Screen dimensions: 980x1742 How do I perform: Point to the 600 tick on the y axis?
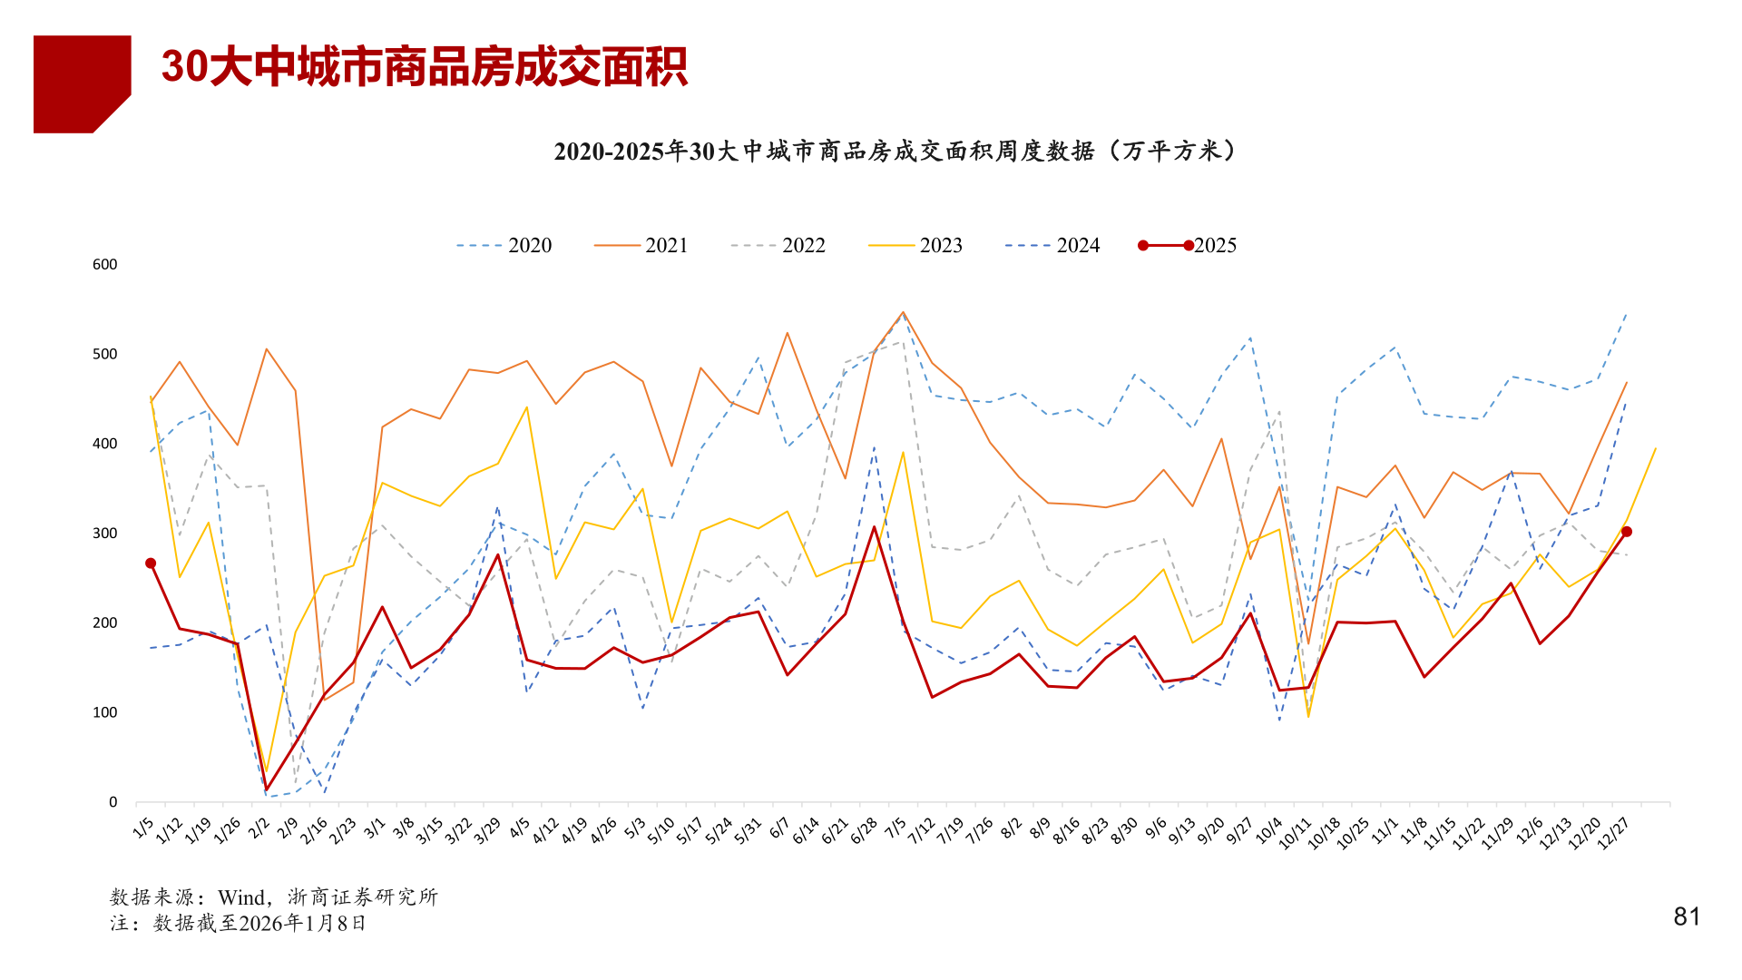pos(105,265)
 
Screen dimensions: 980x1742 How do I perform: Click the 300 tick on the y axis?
pos(105,534)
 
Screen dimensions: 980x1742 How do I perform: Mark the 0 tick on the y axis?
pos(113,802)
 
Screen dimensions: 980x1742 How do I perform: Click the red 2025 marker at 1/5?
pos(151,563)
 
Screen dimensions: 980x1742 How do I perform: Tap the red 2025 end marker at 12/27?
pos(1626,532)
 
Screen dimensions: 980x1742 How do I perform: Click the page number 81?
pos(1687,917)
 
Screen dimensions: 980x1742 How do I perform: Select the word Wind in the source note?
pos(241,897)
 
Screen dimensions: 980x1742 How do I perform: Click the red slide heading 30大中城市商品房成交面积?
pos(424,67)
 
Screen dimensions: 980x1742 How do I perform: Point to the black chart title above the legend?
pos(895,152)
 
